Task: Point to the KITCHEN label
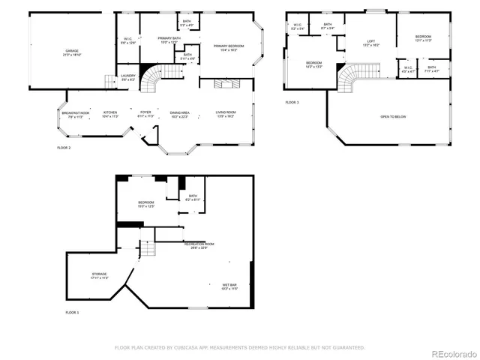[x=110, y=112]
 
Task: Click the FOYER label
[x=145, y=112]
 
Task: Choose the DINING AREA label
[x=179, y=112]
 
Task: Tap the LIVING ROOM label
[x=225, y=112]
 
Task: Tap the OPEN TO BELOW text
[x=394, y=116]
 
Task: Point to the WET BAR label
[x=229, y=285]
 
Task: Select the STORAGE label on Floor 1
[x=99, y=274]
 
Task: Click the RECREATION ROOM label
[x=199, y=244]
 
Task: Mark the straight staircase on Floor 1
[x=147, y=249]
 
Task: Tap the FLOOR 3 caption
[x=292, y=102]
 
